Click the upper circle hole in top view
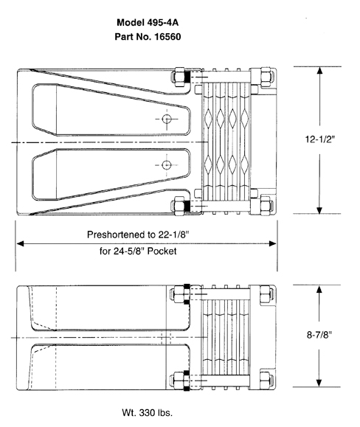click(167, 119)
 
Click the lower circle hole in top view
click(167, 164)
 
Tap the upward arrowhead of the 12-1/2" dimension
click(319, 71)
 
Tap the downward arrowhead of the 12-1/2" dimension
click(319, 209)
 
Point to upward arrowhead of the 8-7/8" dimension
click(319, 288)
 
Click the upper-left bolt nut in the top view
click(177, 76)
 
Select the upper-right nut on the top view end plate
click(264, 77)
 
